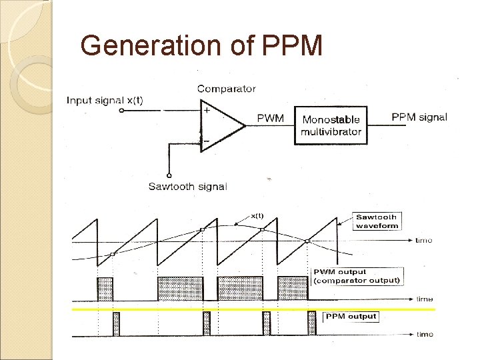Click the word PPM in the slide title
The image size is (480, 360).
pos(293,45)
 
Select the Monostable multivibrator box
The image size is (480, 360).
pos(331,125)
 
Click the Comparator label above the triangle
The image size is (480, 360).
pos(226,89)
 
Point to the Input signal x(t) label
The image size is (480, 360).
pos(105,101)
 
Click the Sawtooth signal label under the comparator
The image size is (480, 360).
pos(187,186)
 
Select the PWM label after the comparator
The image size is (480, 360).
pos(270,119)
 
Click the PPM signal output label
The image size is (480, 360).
pos(419,117)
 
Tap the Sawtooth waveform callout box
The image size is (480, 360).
pos(377,221)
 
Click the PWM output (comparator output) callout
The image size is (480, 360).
pos(357,276)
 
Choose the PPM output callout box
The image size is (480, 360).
pos(351,316)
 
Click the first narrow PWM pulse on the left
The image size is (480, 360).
pos(105,289)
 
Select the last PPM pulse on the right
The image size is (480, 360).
pos(311,323)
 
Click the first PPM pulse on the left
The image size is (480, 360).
pos(117,323)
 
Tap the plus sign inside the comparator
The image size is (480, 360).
pos(207,111)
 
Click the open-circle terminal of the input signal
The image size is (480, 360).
pos(121,111)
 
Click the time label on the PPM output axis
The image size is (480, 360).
pos(425,334)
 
